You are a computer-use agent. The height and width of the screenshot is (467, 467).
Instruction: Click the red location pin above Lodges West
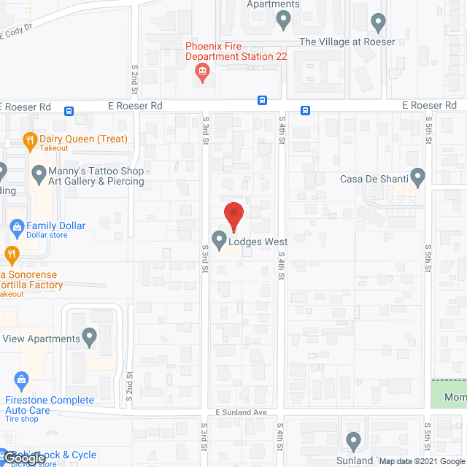tap(233, 215)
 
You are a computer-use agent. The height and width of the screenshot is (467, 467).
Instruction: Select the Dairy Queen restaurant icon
tap(30, 140)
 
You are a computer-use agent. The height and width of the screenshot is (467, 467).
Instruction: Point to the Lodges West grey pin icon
tap(218, 239)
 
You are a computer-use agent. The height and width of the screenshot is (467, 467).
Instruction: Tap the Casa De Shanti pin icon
tap(417, 177)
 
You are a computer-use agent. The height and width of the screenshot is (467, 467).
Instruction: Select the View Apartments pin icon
tap(89, 337)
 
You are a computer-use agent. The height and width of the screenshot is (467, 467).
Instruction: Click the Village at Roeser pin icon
tap(377, 24)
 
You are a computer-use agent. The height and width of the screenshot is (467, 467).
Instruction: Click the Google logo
tap(23, 458)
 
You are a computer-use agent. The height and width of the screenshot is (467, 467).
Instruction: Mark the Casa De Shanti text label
tap(372, 179)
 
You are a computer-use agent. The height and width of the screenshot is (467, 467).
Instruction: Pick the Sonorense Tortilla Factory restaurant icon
tap(11, 255)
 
